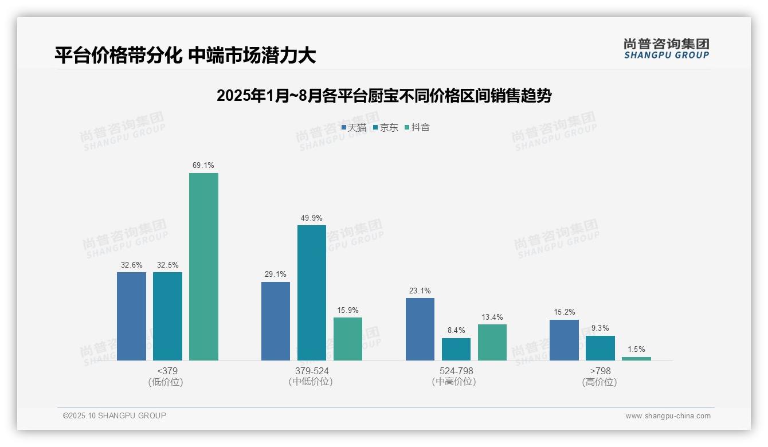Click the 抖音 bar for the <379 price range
click(203, 266)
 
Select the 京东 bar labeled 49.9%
click(311, 292)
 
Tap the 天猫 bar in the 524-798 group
click(420, 329)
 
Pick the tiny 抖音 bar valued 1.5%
click(636, 359)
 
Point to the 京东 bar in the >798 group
click(600, 348)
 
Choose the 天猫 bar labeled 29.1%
click(276, 321)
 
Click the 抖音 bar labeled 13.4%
click(492, 342)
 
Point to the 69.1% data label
click(203, 166)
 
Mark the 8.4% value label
click(456, 331)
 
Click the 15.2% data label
click(564, 312)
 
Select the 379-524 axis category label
click(312, 371)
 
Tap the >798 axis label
click(600, 371)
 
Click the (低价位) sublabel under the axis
click(166, 382)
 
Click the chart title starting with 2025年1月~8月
click(383, 96)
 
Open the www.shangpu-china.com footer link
click(668, 416)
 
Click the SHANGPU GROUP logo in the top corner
click(666, 49)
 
